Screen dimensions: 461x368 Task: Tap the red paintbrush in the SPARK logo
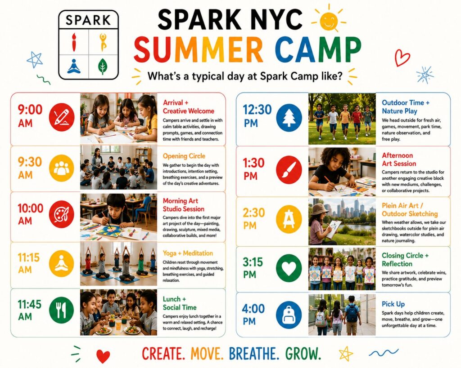(x=74, y=41)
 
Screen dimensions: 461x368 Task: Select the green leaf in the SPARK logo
(x=103, y=67)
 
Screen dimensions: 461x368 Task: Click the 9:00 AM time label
(x=30, y=115)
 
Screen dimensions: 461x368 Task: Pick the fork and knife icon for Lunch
(x=61, y=310)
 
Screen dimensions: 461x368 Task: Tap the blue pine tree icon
(x=289, y=118)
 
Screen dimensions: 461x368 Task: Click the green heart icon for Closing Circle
(x=289, y=267)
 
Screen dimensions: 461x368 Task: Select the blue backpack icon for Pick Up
(x=289, y=315)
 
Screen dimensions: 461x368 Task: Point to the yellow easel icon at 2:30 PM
(x=289, y=219)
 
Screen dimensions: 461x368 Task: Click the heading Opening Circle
(x=184, y=156)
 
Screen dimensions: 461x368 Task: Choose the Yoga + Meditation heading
(x=188, y=253)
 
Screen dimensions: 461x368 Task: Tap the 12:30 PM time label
(x=257, y=115)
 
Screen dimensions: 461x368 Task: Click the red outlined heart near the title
(x=402, y=58)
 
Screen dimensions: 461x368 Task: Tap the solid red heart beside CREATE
(x=103, y=356)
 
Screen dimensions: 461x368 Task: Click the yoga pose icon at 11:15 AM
(x=61, y=264)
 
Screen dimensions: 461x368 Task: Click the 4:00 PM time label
(x=253, y=315)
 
